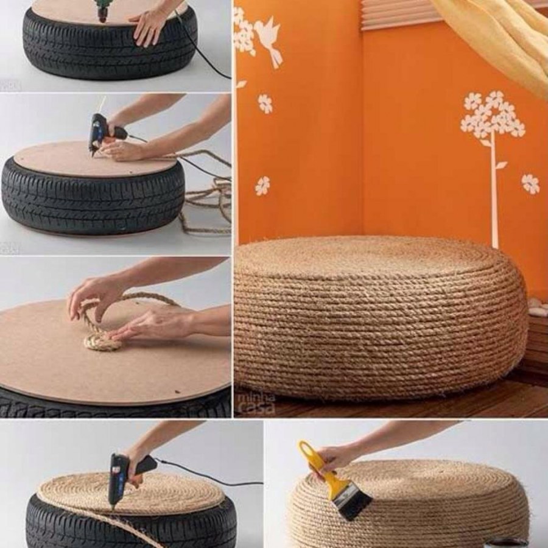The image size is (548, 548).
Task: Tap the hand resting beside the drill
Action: [149, 24]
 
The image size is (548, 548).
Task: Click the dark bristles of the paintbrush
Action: [354, 503]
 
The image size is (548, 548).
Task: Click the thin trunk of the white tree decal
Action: [494, 195]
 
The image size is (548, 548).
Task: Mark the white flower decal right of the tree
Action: [530, 183]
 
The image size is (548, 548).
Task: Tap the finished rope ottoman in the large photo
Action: [378, 317]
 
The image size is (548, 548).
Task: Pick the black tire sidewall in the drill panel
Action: [110, 55]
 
